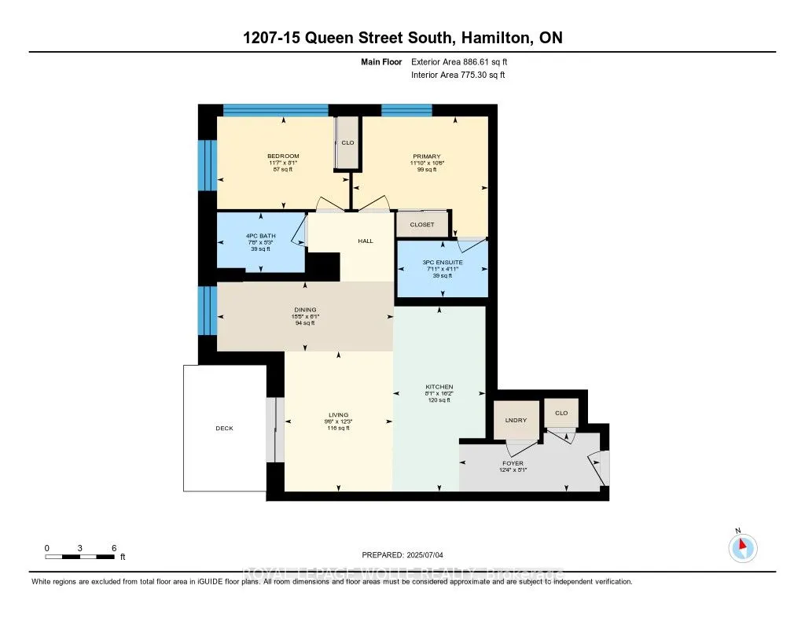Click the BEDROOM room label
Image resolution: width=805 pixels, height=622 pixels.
coord(283,156)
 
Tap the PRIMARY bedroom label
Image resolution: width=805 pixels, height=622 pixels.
coord(427,156)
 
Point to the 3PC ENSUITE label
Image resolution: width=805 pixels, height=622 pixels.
coord(441,262)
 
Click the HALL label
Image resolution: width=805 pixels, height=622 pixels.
coord(365,241)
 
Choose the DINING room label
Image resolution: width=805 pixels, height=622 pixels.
coord(304,310)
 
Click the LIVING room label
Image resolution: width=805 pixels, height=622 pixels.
coord(339,415)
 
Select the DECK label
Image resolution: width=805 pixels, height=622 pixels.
coord(224,429)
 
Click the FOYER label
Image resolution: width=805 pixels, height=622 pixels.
coord(513,463)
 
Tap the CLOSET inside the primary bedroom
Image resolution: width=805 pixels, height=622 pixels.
coord(421,225)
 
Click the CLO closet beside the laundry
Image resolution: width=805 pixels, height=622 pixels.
coord(561,413)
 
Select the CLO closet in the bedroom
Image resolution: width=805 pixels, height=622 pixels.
coord(347,143)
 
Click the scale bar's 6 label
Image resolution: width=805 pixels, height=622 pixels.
coord(114,547)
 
